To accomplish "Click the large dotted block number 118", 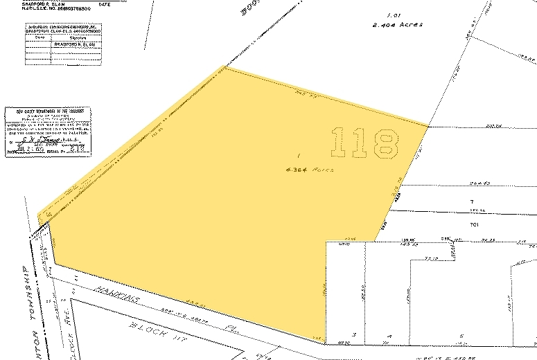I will click(366, 143).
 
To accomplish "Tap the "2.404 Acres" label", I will click(396, 24).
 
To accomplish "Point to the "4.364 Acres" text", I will click(310, 170).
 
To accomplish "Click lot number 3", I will click(353, 334).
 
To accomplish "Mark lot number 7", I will click(470, 201).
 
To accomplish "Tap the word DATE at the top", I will click(105, 4).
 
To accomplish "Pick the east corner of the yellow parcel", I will click(428, 127).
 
